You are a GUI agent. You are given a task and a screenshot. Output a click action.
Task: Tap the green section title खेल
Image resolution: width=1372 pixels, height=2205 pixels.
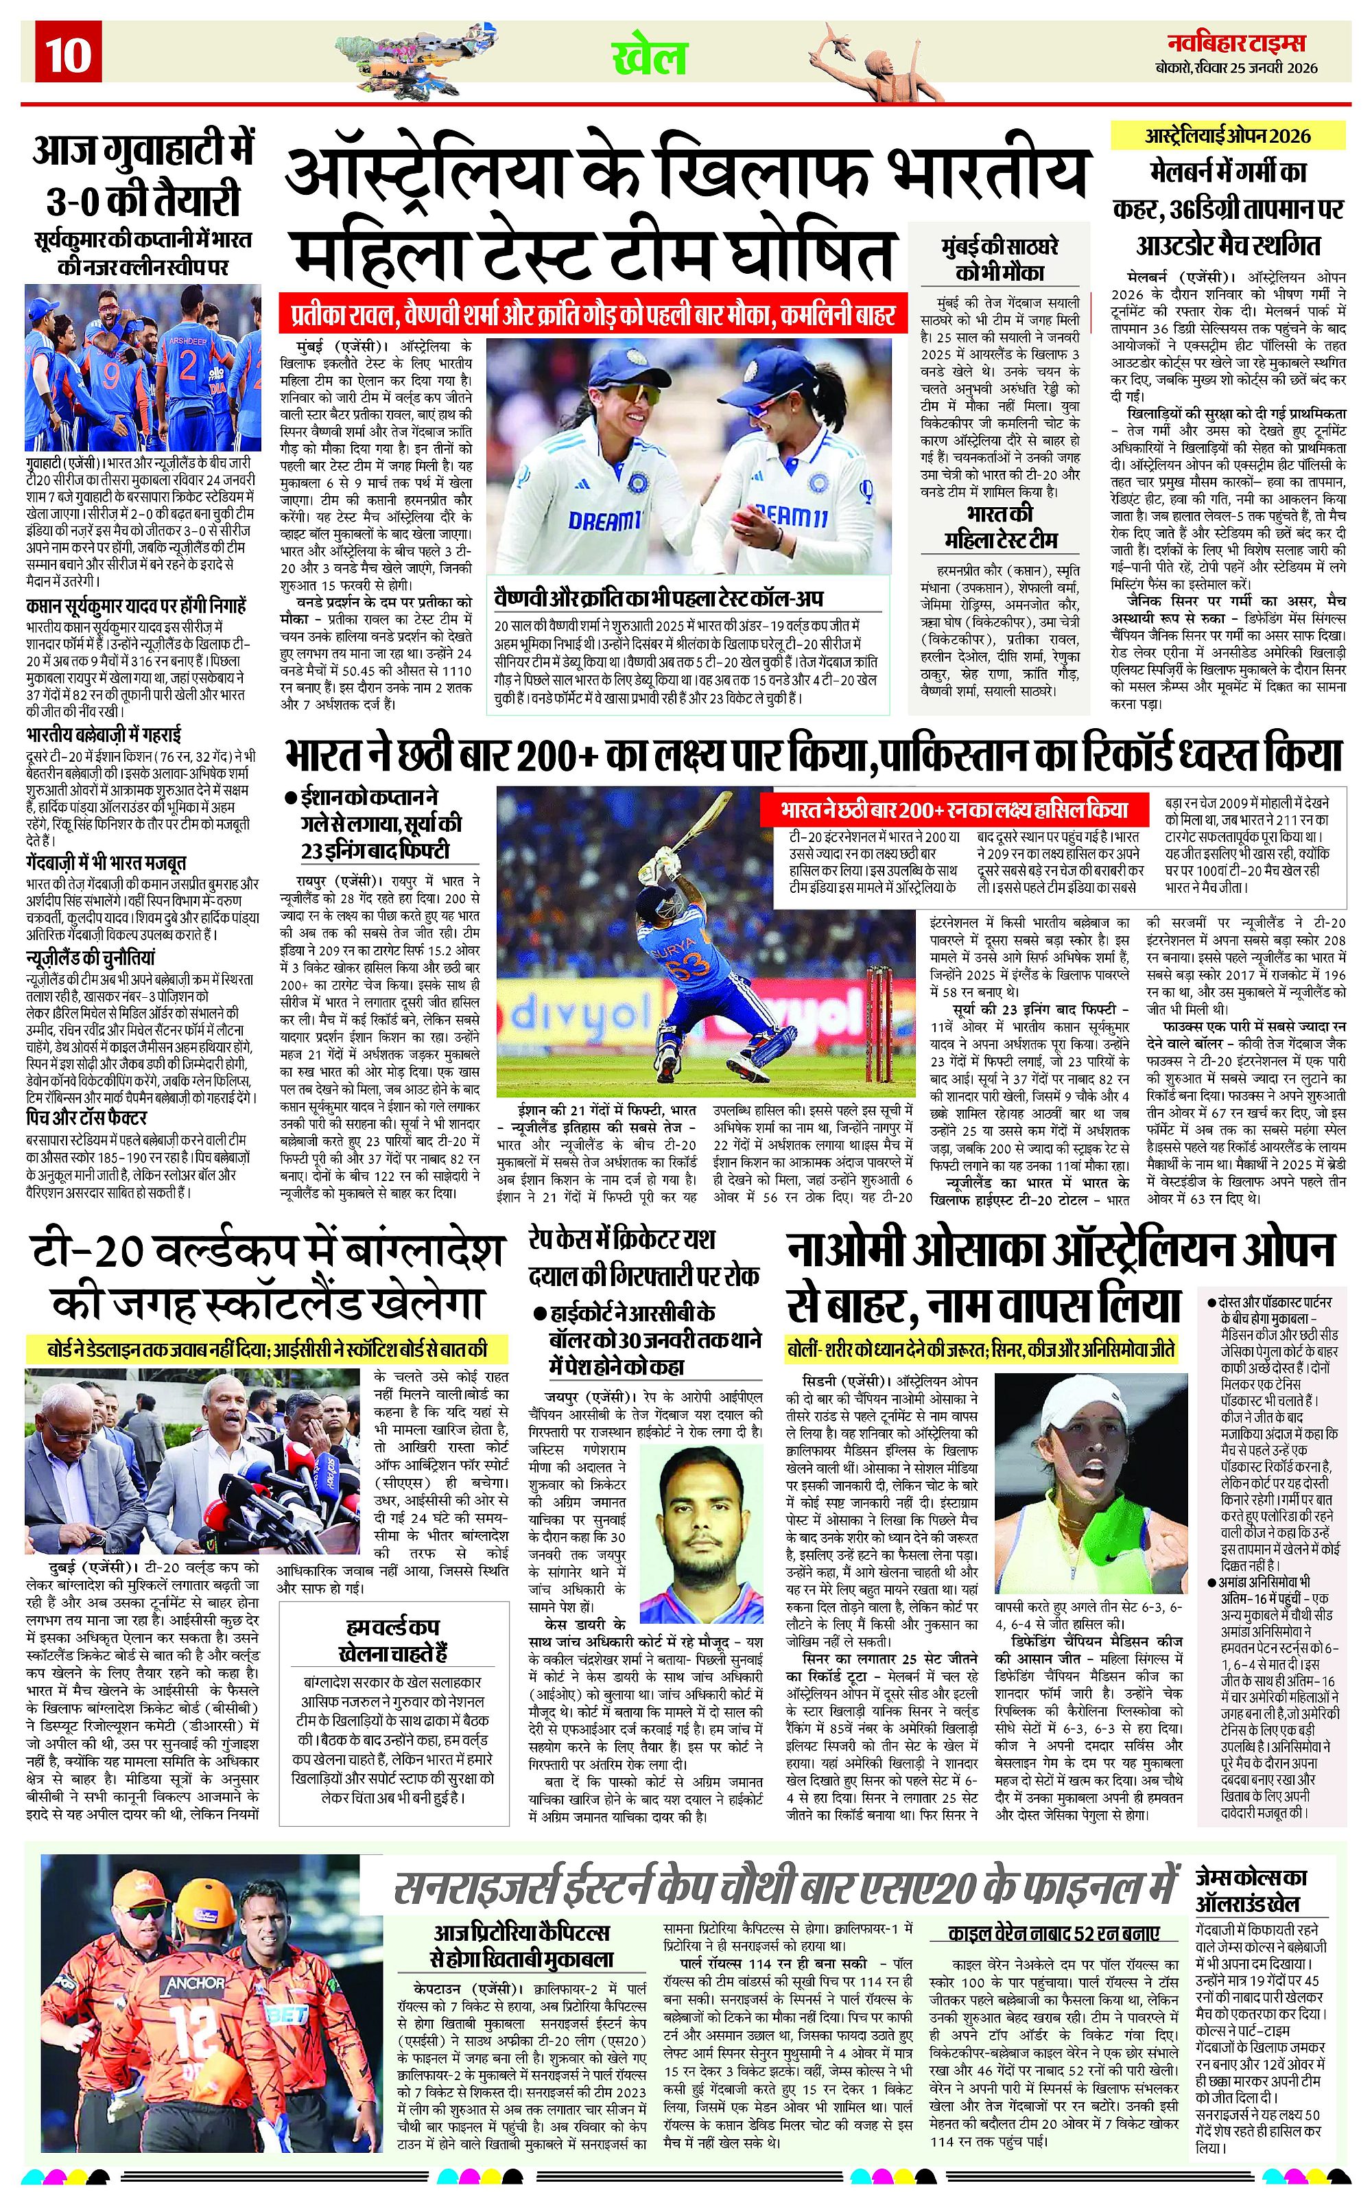pos(650,57)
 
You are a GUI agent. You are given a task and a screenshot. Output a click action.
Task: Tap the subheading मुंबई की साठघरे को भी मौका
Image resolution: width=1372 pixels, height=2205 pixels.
pos(999,261)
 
